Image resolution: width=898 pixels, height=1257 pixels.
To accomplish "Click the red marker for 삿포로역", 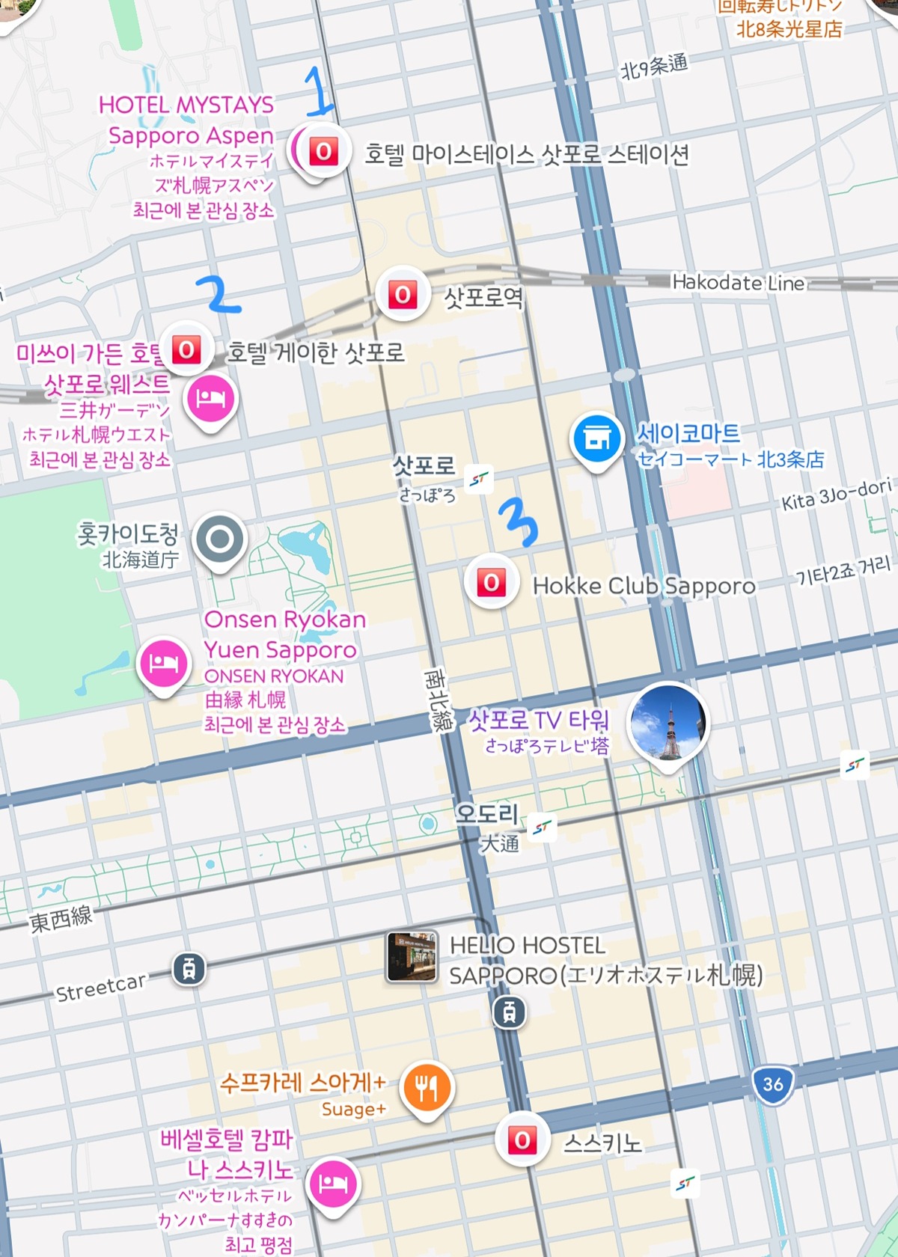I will (403, 295).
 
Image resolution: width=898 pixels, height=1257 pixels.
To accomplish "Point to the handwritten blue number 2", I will (218, 293).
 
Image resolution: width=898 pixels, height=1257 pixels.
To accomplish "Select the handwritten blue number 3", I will (519, 522).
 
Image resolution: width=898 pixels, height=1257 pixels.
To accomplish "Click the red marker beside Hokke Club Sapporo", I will (491, 583).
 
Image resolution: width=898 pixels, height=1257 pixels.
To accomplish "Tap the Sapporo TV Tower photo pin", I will (667, 722).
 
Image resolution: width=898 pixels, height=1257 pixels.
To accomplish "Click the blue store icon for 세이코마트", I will (596, 438).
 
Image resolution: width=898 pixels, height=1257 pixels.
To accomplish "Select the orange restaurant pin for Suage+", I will (426, 1087).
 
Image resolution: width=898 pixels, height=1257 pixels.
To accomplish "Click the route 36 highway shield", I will (772, 1083).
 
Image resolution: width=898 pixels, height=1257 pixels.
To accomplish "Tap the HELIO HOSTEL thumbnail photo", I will (412, 956).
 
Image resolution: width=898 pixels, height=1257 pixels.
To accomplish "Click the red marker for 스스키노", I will (522, 1140).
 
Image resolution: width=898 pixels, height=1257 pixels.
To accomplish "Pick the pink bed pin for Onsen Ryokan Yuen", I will (164, 662).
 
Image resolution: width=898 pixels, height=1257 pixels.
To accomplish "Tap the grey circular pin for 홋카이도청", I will (219, 539).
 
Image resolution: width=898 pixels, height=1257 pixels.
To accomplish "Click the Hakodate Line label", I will (738, 283).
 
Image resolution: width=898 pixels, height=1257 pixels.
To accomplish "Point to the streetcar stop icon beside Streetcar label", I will (189, 970).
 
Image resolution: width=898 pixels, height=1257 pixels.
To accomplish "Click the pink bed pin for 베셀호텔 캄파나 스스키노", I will (334, 1183).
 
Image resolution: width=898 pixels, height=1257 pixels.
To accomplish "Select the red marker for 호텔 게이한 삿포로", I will (187, 349).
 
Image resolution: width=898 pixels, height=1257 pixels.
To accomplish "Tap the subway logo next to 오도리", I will (543, 827).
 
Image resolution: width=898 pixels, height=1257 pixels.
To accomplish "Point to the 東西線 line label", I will (61, 918).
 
